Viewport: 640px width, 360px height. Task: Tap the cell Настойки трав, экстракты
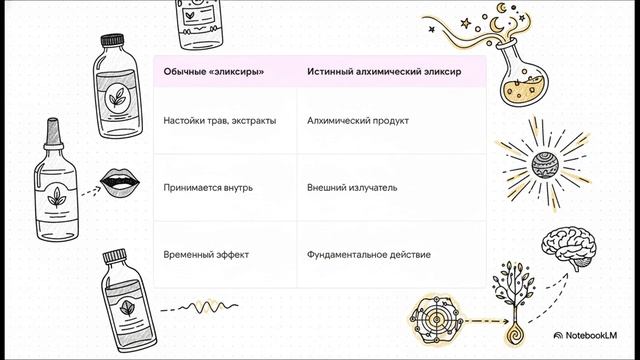coord(219,121)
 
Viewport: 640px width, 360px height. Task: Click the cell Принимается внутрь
coord(206,188)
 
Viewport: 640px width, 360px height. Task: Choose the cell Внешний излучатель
coord(353,188)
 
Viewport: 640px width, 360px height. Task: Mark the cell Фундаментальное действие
coord(368,255)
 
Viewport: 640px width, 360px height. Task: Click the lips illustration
coord(120,181)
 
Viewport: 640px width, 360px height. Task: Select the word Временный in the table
coord(187,255)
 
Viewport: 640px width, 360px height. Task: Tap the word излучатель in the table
coord(375,188)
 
